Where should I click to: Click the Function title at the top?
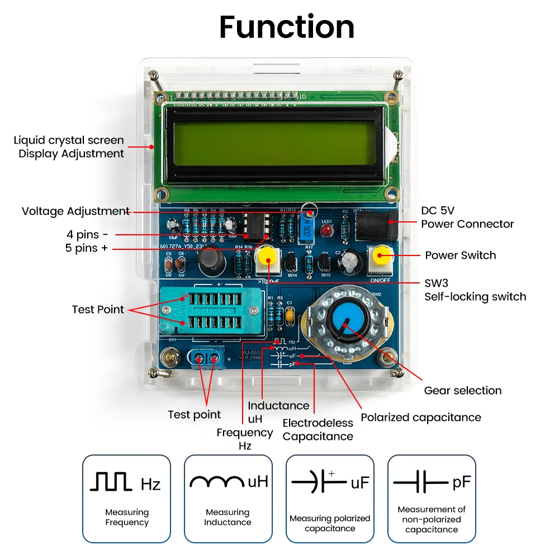[x=287, y=27]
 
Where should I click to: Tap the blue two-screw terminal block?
[x=207, y=358]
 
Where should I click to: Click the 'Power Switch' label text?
[x=460, y=255]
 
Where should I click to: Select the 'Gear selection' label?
[x=462, y=390]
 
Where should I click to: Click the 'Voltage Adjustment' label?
[x=75, y=211]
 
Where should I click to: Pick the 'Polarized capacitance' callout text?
[x=420, y=417]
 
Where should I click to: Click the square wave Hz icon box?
[x=127, y=498]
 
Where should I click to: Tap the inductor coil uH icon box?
[x=228, y=498]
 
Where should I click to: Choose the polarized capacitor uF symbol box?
[x=330, y=498]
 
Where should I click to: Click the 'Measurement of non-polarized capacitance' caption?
[x=432, y=519]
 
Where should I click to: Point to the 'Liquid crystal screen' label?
[x=69, y=140]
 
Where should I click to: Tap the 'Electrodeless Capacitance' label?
[x=318, y=430]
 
